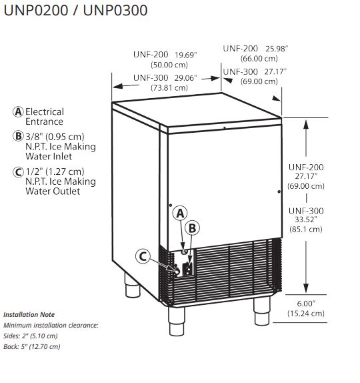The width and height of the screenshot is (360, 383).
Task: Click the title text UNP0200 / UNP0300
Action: (75, 11)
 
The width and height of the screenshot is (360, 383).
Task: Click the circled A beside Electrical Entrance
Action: (18, 112)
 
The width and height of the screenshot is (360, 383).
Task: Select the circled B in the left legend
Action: (18, 136)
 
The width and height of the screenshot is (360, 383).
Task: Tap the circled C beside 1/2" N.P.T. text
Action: (18, 171)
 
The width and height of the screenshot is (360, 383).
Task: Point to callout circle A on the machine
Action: (180, 214)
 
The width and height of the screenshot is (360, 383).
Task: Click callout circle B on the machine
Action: (192, 228)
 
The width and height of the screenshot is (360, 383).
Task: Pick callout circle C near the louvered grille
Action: (143, 256)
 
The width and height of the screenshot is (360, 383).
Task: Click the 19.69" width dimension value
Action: (186, 55)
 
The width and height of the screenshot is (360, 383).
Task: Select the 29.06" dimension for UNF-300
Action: (186, 78)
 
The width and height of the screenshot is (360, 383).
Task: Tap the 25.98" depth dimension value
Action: (277, 49)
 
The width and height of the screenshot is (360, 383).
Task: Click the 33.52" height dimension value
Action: (306, 220)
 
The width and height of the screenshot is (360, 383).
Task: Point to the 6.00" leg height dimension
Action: (306, 304)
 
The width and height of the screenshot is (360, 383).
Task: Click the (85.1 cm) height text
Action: (306, 230)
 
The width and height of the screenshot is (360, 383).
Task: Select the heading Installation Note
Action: (29, 315)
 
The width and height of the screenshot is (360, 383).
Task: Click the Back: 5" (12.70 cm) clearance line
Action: (32, 346)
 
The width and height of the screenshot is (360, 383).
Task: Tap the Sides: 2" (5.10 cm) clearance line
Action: (31, 336)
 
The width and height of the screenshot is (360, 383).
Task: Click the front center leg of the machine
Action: (177, 321)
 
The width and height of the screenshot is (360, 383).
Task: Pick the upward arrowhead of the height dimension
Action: (306, 124)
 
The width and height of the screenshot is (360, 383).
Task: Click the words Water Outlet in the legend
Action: (53, 191)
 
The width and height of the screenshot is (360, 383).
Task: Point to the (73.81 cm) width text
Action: (169, 87)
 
